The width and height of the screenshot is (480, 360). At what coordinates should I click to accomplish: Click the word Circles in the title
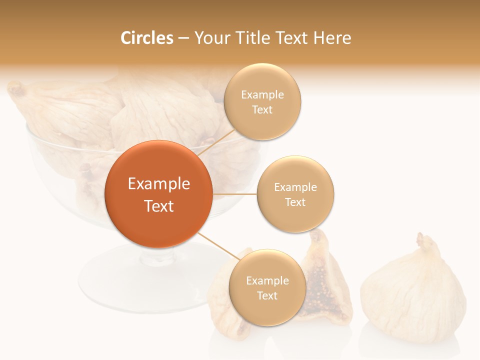coord(146,38)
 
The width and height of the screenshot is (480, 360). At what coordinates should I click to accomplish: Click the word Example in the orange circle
coord(159,184)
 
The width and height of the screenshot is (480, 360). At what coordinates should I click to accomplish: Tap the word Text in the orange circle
coord(159,206)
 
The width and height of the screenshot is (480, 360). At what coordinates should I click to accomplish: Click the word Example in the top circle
coord(262,94)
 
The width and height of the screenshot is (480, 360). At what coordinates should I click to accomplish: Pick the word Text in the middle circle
coord(295,202)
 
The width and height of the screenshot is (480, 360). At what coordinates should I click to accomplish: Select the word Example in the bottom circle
coord(267,280)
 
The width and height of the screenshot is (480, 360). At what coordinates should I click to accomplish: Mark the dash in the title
coord(183,38)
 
